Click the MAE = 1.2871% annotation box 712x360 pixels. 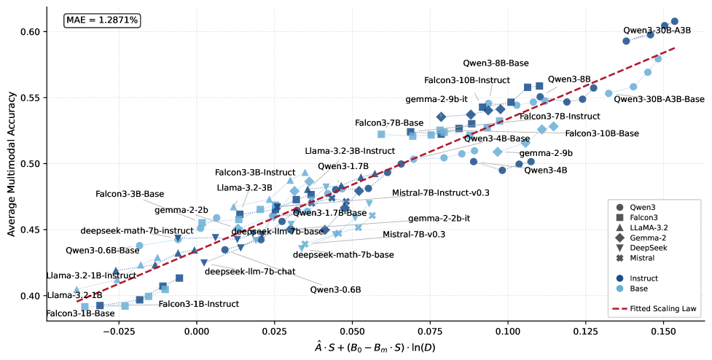point(102,20)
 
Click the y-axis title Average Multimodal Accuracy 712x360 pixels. point(12,164)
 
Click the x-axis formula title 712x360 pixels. point(375,348)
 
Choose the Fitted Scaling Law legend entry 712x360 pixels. point(654,309)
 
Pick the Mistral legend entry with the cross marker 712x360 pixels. point(635,258)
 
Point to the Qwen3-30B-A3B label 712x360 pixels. point(657,31)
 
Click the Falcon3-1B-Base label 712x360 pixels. point(80,313)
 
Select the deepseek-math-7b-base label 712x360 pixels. point(343,254)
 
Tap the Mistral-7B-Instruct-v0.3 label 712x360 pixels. point(440,193)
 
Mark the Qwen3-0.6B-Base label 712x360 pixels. point(102,250)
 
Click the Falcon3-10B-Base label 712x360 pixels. point(602,133)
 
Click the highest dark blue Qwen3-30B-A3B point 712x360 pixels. point(674,21)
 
